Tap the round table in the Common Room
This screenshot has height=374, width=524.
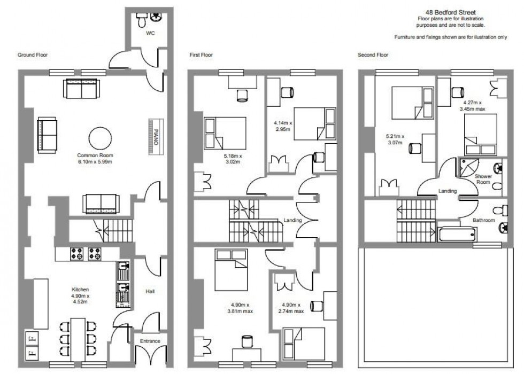[99, 138]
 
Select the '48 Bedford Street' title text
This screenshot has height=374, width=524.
[444, 12]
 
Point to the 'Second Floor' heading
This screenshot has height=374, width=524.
[373, 55]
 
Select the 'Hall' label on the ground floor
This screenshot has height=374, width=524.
[150, 292]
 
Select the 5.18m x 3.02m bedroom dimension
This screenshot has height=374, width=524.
[233, 159]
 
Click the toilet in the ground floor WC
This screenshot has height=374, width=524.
[142, 20]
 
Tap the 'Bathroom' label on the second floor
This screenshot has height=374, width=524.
[483, 220]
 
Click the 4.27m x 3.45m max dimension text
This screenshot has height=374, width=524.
[473, 105]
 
